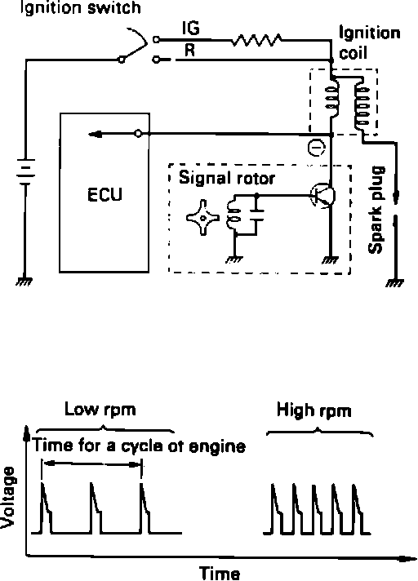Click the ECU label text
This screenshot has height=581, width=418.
[104, 194]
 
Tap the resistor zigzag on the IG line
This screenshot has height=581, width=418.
[256, 40]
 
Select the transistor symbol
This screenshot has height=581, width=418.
[323, 195]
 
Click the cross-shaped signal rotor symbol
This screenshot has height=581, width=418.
[202, 218]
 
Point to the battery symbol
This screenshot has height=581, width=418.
[25, 171]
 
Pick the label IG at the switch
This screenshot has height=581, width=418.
[190, 28]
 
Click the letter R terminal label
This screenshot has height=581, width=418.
[189, 50]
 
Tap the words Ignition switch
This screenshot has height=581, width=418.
[80, 8]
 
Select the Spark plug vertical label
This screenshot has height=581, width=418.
[376, 210]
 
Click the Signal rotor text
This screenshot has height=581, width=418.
[227, 178]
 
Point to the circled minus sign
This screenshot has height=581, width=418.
[317, 149]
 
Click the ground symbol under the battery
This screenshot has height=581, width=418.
[24, 282]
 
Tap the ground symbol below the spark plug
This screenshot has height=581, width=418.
[394, 283]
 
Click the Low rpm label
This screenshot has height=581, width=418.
[100, 410]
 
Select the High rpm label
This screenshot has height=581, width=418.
[313, 411]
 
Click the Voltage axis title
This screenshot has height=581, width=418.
[7, 497]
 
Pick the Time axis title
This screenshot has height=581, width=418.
[220, 573]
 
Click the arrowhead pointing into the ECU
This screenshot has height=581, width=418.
[95, 134]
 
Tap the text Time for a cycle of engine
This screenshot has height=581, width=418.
[139, 446]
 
